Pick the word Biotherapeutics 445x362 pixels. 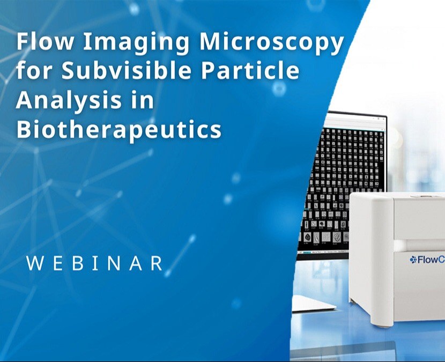[119, 129]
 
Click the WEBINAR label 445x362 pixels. [94, 263]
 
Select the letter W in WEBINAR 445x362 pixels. [34, 263]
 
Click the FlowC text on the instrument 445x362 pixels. [432, 260]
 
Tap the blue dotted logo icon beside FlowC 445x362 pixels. [413, 260]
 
